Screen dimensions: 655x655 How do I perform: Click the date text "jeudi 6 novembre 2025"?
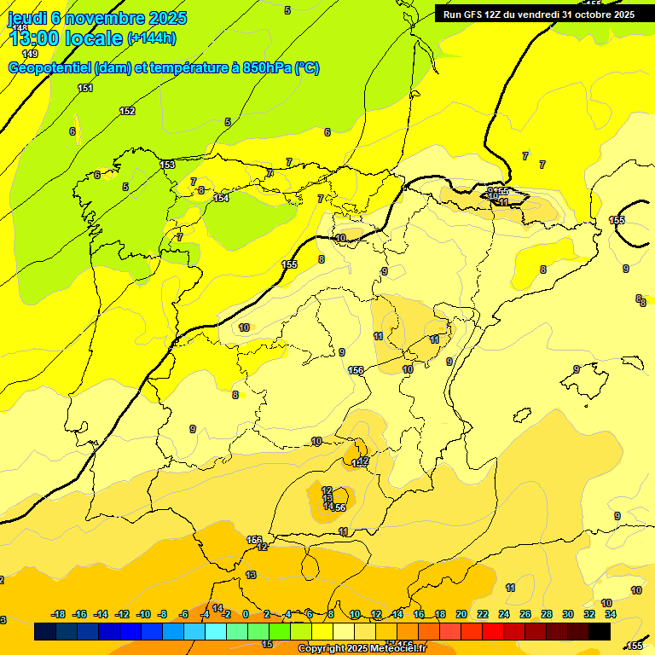[97, 18]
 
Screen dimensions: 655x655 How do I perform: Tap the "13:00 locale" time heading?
[66, 38]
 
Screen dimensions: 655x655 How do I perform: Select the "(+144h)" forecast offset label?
[151, 38]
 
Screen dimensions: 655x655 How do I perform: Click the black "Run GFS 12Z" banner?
[538, 14]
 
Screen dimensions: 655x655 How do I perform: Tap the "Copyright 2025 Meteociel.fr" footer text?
[362, 649]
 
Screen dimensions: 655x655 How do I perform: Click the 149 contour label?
[30, 54]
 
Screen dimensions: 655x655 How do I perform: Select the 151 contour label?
[85, 88]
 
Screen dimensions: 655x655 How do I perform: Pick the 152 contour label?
[127, 111]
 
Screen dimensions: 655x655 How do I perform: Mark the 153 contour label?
[167, 165]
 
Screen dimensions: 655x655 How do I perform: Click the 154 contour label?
[221, 198]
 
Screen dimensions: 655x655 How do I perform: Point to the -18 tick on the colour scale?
[59, 614]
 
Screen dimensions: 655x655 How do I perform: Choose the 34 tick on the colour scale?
[611, 614]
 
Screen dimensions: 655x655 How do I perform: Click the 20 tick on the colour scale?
[461, 614]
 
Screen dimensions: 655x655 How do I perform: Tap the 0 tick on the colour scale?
[246, 614]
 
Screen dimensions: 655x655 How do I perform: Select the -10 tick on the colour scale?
[143, 614]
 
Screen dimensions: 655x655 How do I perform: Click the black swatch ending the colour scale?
[600, 632]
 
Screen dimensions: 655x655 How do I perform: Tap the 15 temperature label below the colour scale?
[267, 645]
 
